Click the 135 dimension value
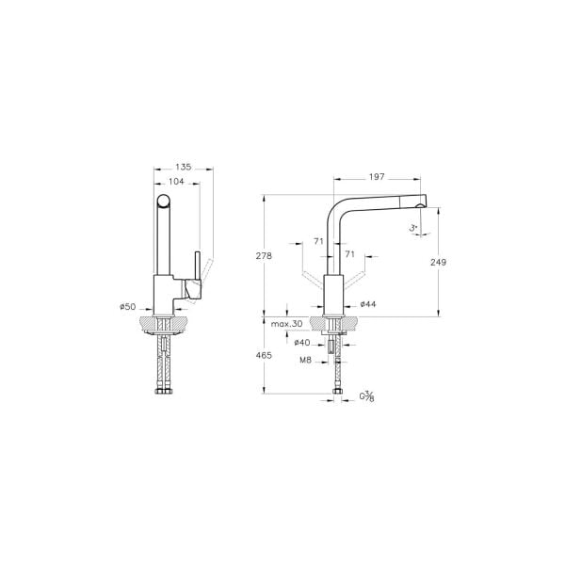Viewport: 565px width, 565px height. tap(184, 167)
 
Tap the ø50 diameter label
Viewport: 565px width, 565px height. tap(129, 307)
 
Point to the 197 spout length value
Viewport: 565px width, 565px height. tap(376, 175)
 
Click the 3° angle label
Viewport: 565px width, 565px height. tap(412, 228)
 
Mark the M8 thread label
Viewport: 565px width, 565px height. tap(306, 360)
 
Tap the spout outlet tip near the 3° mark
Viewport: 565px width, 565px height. tap(422, 205)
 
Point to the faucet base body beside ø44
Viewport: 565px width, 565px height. tap(335, 295)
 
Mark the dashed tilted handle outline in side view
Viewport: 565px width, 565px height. tap(209, 273)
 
